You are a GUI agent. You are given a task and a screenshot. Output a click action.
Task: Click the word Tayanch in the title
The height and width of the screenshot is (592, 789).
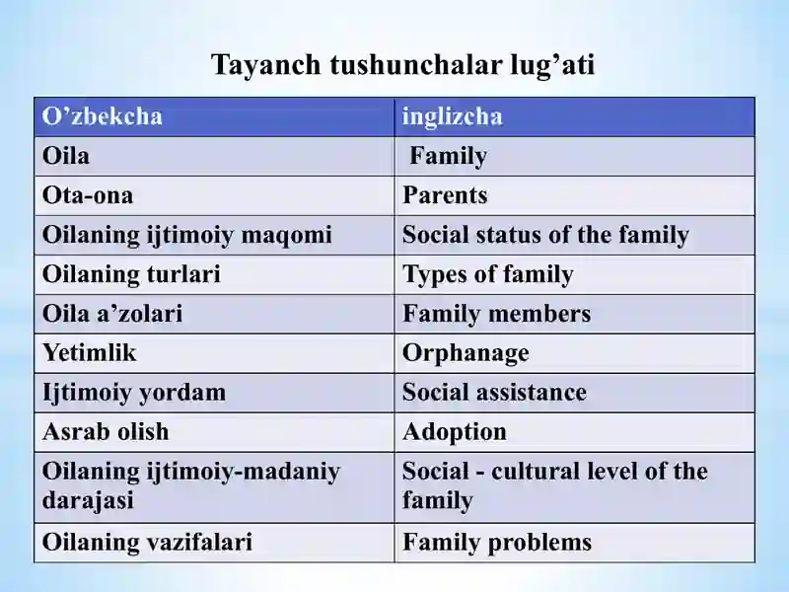(x=266, y=66)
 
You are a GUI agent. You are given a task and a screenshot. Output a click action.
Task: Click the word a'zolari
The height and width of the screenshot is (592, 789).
(x=150, y=314)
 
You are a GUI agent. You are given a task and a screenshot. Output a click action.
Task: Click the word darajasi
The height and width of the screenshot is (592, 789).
(x=88, y=500)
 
